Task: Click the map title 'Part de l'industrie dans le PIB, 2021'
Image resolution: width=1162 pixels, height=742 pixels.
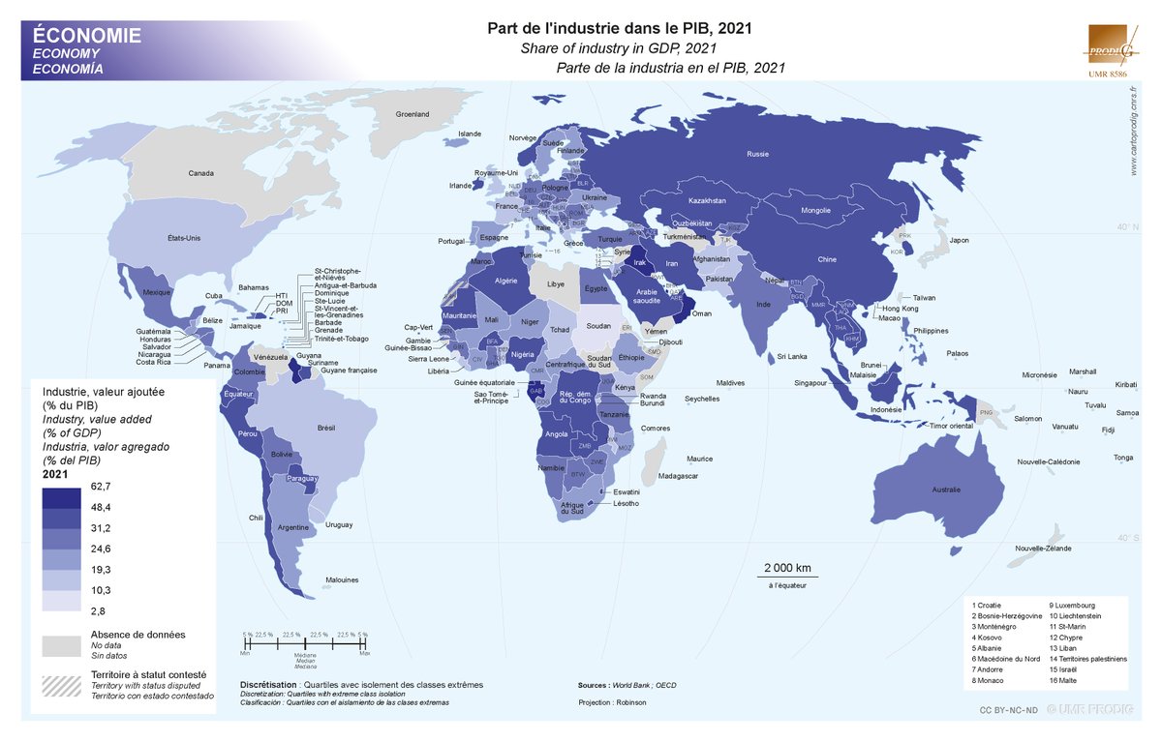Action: point(619,29)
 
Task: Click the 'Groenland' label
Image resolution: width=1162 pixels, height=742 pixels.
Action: point(412,114)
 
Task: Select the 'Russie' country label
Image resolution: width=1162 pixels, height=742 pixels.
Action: point(758,154)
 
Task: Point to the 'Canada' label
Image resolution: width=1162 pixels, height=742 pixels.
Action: point(200,173)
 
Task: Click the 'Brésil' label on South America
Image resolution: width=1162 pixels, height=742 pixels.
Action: point(325,427)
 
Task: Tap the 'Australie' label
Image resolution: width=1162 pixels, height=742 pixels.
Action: point(946,490)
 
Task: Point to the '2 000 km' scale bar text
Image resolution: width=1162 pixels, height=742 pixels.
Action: point(786,567)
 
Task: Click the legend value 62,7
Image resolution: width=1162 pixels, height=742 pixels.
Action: point(102,486)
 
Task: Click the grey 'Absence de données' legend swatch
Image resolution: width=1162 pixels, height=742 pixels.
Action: point(61,643)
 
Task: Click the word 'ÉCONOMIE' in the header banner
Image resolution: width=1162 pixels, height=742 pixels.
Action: point(87,36)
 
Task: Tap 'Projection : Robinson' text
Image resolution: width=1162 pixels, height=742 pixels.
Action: point(612,701)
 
